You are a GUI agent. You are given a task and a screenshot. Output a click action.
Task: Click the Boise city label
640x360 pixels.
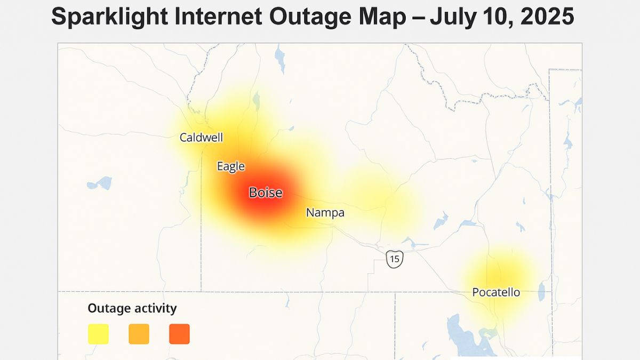[x=266, y=193]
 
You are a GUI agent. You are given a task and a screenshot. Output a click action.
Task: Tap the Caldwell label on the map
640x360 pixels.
[x=201, y=138]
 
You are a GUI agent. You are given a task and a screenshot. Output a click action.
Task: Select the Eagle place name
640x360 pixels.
[x=230, y=166]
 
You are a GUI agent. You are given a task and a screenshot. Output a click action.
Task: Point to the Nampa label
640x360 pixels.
[x=325, y=213]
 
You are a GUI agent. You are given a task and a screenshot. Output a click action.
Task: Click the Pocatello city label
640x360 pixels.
[x=496, y=292]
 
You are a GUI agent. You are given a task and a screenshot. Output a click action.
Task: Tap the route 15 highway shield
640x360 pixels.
[x=394, y=259]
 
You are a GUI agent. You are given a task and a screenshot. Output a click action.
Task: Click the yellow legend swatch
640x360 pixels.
[x=98, y=334]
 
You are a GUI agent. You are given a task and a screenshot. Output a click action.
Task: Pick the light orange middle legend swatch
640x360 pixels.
[x=139, y=334]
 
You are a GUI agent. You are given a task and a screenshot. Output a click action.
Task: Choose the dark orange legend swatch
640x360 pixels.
[x=179, y=334]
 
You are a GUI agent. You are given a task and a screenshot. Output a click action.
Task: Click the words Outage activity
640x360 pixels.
[x=132, y=308]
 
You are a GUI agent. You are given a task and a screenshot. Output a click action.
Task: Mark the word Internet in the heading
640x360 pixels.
[x=218, y=18]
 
